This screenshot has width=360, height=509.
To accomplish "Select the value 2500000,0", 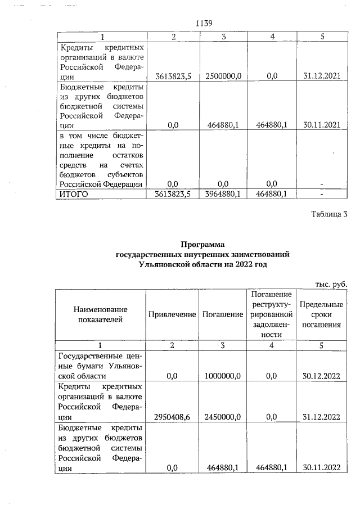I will [x=223, y=76].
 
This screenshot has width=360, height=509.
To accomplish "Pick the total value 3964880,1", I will [x=223, y=194].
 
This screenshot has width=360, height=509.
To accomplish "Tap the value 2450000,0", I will [x=223, y=417].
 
